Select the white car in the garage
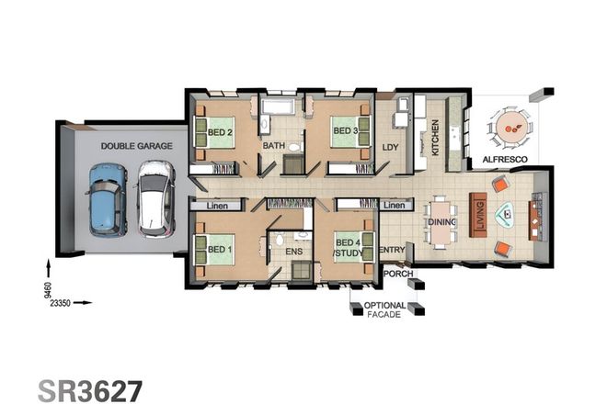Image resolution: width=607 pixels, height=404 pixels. click(155, 196)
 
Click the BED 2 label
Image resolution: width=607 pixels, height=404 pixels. click(219, 132)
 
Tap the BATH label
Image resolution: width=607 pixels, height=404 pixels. click(274, 146)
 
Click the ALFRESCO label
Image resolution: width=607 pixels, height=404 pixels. click(504, 160)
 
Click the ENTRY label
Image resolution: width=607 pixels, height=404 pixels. click(392, 249)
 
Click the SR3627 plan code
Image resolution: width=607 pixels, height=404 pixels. click(90, 389)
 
